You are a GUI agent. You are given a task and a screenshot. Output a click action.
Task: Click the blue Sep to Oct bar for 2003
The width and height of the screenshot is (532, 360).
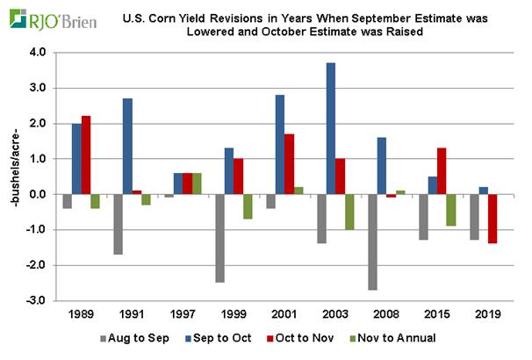tap(330, 128)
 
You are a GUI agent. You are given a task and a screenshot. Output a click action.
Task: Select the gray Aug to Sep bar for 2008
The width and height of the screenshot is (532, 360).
tap(373, 241)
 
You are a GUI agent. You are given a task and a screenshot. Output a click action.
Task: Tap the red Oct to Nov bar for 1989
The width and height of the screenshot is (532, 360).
tap(85, 155)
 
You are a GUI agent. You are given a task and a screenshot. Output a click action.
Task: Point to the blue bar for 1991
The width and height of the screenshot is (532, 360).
tap(128, 146)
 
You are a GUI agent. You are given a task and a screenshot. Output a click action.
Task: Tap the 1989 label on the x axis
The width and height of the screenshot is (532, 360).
tap(81, 313)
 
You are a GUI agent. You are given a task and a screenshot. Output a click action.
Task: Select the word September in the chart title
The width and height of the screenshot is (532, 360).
tap(349, 17)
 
